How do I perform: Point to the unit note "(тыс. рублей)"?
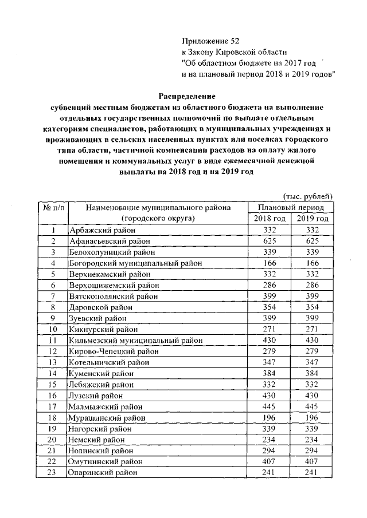(308, 196)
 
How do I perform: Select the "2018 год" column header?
(270, 219)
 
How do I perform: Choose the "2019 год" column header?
(313, 219)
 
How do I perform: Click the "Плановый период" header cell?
(291, 207)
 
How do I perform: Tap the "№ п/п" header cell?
(53, 207)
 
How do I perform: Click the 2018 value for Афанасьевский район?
(270, 241)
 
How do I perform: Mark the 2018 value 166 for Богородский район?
(270, 263)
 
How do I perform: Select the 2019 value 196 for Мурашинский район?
(313, 417)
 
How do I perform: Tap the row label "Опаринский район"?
(102, 473)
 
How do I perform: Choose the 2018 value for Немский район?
(270, 440)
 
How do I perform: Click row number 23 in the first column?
(53, 473)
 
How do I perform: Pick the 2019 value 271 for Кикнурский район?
(313, 329)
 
